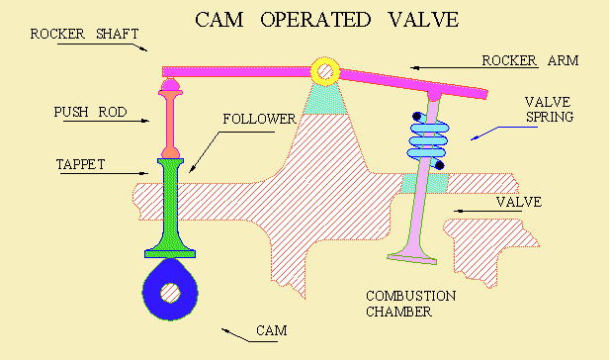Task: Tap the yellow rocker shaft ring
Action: tap(324, 70)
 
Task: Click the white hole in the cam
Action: tap(172, 293)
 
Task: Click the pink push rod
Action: tap(171, 123)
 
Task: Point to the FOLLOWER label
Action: tap(259, 119)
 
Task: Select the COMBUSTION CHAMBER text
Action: tap(410, 304)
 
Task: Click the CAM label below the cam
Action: tap(271, 330)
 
